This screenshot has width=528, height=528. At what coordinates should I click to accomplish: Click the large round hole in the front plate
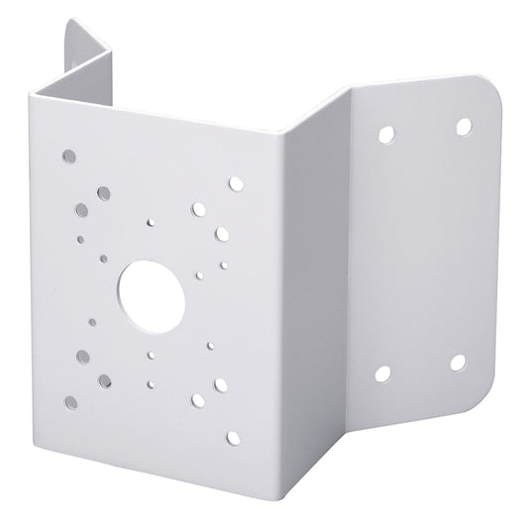pos(146,288)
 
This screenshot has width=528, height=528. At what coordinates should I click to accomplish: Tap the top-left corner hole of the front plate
pos(67,157)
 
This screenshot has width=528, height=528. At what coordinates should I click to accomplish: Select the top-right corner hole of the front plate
pos(235,184)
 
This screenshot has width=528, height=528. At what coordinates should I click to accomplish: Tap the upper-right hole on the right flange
pos(462,126)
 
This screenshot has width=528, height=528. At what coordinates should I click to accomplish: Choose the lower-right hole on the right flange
pos(457,362)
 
